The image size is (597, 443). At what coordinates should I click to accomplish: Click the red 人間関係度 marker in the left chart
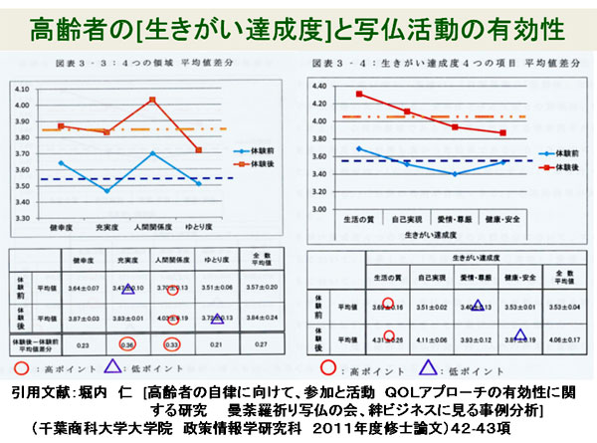point(152,100)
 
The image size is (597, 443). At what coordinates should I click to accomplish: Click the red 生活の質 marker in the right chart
point(359,95)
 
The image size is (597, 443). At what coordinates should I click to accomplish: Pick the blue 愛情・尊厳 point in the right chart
point(455,173)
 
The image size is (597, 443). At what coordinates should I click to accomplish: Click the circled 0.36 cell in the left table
point(127,344)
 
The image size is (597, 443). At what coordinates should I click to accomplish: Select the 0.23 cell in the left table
point(83,344)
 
